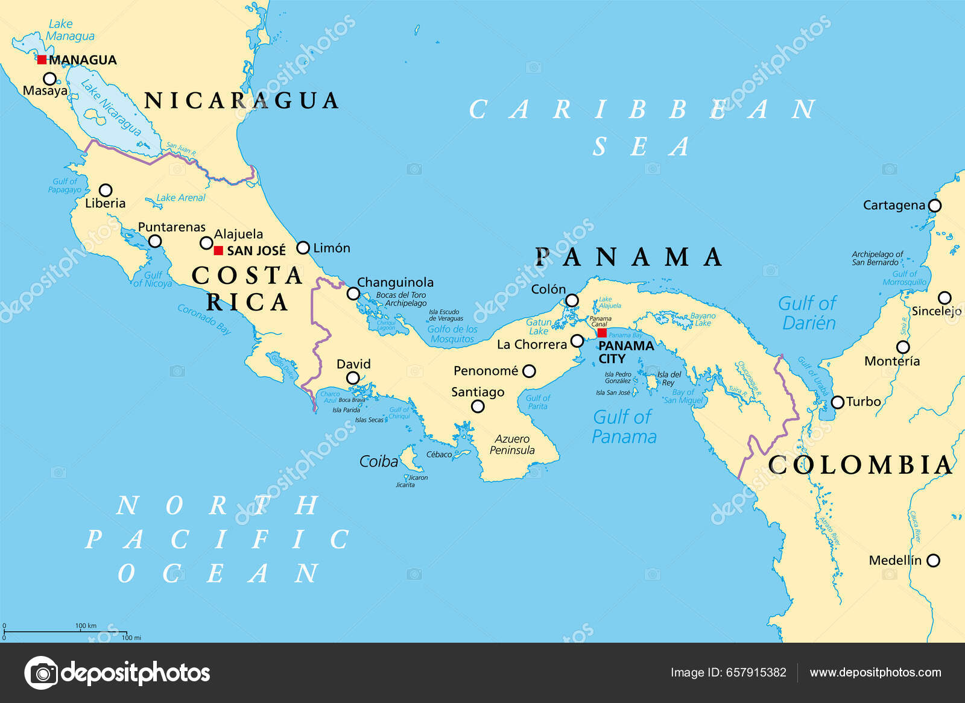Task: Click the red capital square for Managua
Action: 42,60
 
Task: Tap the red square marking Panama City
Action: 602,333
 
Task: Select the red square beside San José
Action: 218,250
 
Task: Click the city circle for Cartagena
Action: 934,206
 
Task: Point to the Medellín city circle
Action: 933,561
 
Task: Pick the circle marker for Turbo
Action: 838,402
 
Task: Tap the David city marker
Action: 353,378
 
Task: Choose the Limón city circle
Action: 303,248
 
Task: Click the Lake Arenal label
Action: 180,198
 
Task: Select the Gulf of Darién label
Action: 808,313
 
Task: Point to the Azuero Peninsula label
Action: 512,445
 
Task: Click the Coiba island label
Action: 379,462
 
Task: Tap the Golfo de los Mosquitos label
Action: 452,334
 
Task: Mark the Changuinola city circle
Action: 353,294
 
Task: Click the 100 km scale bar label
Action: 86,626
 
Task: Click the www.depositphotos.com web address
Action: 875,672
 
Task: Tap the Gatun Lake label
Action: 538,326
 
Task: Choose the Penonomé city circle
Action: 529,371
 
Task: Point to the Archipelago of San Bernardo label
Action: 877,258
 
